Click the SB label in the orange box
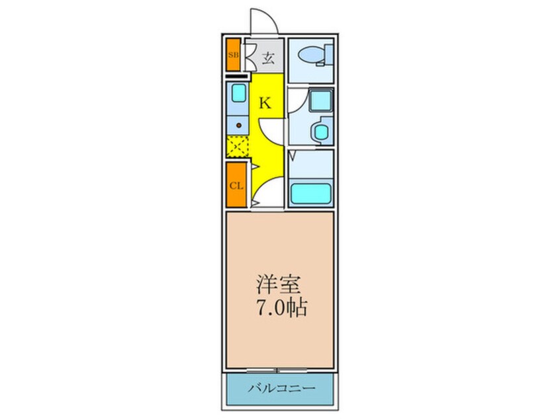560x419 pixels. click(233, 56)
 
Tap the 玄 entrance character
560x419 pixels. click(267, 57)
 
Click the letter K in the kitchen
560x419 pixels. click(264, 103)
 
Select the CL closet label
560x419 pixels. click(236, 185)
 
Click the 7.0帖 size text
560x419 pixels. click(281, 308)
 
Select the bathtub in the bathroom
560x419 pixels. click(311, 194)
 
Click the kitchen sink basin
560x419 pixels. click(238, 93)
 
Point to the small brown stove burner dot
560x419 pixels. click(238, 124)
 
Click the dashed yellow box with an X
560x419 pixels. click(238, 147)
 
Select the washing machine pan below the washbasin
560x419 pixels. click(322, 131)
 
